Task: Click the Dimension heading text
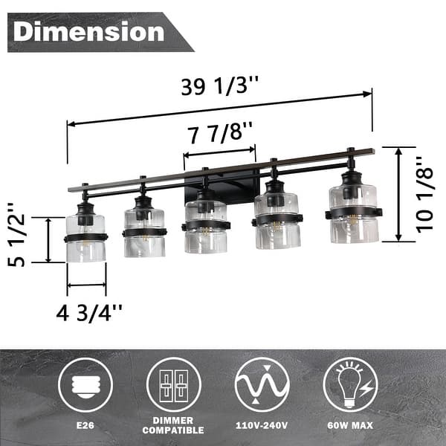(89, 32)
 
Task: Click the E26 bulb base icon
(85, 384)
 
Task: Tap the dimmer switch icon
(173, 384)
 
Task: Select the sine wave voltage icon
(262, 384)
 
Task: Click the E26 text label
(85, 426)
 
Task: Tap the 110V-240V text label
(262, 427)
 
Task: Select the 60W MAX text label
(350, 427)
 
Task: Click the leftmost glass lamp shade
(85, 238)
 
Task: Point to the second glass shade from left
(144, 232)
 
